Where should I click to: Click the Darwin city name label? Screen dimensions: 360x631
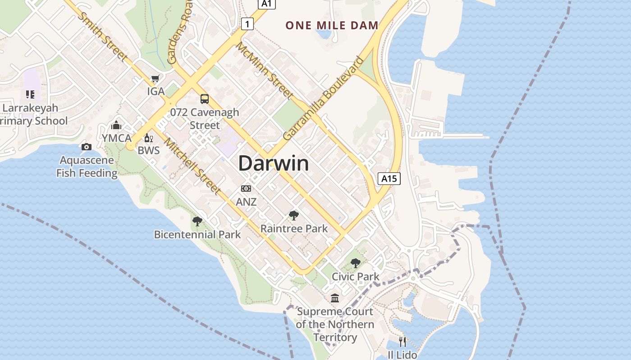[x=274, y=163]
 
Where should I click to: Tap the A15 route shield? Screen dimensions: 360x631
[x=389, y=179]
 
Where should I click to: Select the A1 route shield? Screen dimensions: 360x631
[x=267, y=4]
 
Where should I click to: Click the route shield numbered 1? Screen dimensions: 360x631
[x=247, y=23]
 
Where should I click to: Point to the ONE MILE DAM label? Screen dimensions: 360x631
[x=332, y=26]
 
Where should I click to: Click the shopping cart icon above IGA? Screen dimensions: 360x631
[x=155, y=79]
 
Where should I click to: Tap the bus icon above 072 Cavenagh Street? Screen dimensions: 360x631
[x=205, y=99]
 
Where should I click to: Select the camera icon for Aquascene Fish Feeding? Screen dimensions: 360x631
[x=86, y=147]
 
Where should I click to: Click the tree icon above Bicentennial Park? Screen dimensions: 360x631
[x=197, y=221]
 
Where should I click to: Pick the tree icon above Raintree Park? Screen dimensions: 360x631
[x=294, y=216]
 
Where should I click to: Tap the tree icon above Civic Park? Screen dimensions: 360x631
[x=355, y=263]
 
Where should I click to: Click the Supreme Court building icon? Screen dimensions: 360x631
[x=335, y=298]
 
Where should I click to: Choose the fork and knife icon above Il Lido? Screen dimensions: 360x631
[x=402, y=342]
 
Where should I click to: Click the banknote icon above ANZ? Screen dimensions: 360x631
[x=246, y=189]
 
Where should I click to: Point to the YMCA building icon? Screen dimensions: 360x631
[x=116, y=125]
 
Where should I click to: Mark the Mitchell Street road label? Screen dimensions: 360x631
[x=192, y=166]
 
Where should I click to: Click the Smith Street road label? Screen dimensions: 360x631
[x=103, y=37]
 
